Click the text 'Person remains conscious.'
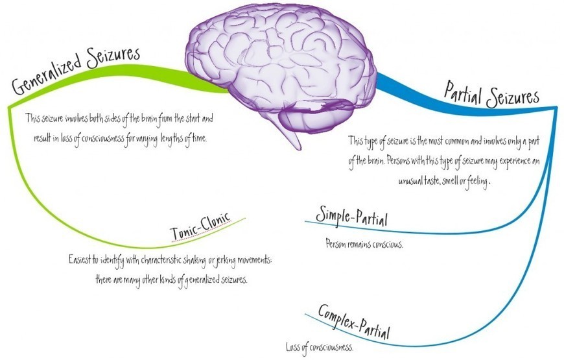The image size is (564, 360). (x=365, y=245)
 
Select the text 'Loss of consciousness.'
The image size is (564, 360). (x=320, y=346)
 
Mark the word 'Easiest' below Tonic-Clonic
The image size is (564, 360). (x=80, y=259)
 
